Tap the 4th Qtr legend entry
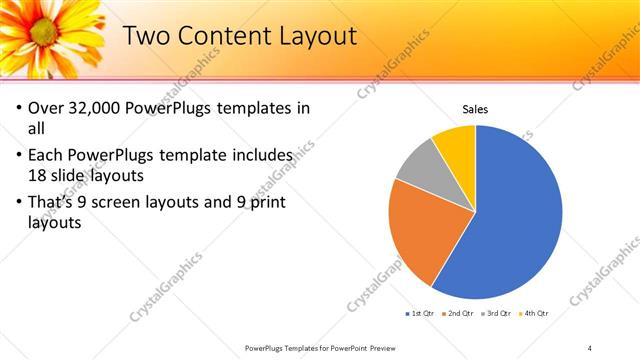(x=534, y=314)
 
